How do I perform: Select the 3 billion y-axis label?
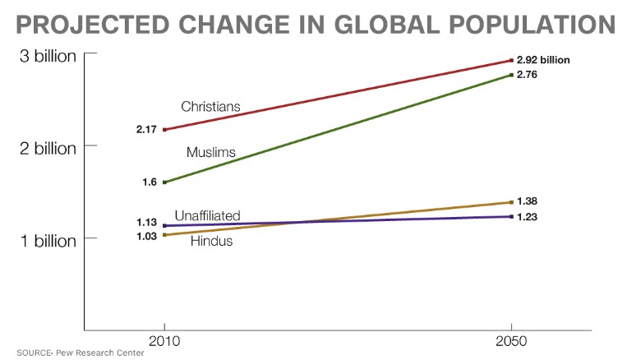[48, 57]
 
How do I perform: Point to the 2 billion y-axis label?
[48, 148]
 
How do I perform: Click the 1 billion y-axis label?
[48, 240]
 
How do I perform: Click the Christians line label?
[210, 106]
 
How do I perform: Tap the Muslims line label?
[211, 152]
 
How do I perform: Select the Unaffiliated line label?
[207, 215]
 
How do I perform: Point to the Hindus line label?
[211, 241]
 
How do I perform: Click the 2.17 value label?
[146, 130]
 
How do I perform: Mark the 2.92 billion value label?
[543, 60]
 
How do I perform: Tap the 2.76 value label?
[527, 75]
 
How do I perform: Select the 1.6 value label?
[149, 182]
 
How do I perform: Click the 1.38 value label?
[527, 201]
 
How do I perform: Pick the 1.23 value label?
[527, 216]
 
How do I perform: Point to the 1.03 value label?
[146, 236]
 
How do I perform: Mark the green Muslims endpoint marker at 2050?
[511, 76]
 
